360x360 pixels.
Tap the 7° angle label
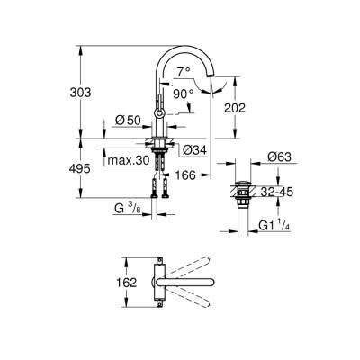coord(184,71)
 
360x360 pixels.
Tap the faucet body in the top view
coord(159,283)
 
